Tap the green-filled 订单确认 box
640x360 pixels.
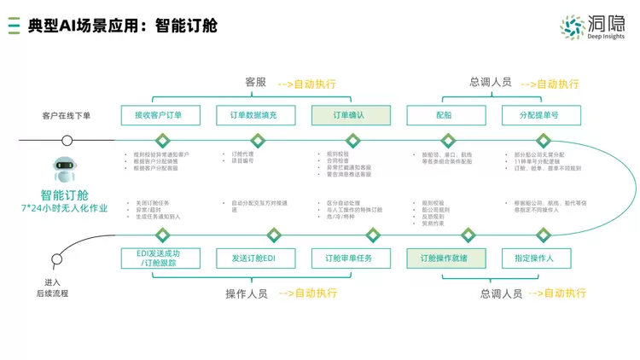350,115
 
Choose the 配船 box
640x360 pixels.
445,115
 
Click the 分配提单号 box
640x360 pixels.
542,115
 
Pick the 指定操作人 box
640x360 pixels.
534,258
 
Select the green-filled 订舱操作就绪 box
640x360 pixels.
442,258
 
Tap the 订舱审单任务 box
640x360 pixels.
348,258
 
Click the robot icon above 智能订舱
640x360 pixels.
65,170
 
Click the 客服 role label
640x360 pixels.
256,83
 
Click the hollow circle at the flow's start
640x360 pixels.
67,141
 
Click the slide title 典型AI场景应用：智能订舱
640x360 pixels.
122,26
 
